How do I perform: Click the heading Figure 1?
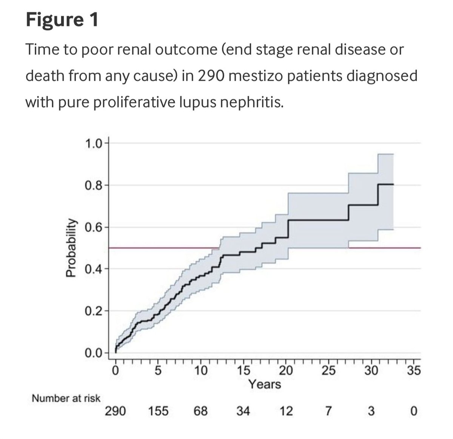point(62,20)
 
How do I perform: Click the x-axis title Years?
point(265,384)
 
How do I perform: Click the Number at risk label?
point(66,398)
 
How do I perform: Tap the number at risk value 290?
point(115,411)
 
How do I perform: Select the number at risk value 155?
point(158,411)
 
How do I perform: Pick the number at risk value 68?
point(200,411)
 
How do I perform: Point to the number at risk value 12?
point(286,411)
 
